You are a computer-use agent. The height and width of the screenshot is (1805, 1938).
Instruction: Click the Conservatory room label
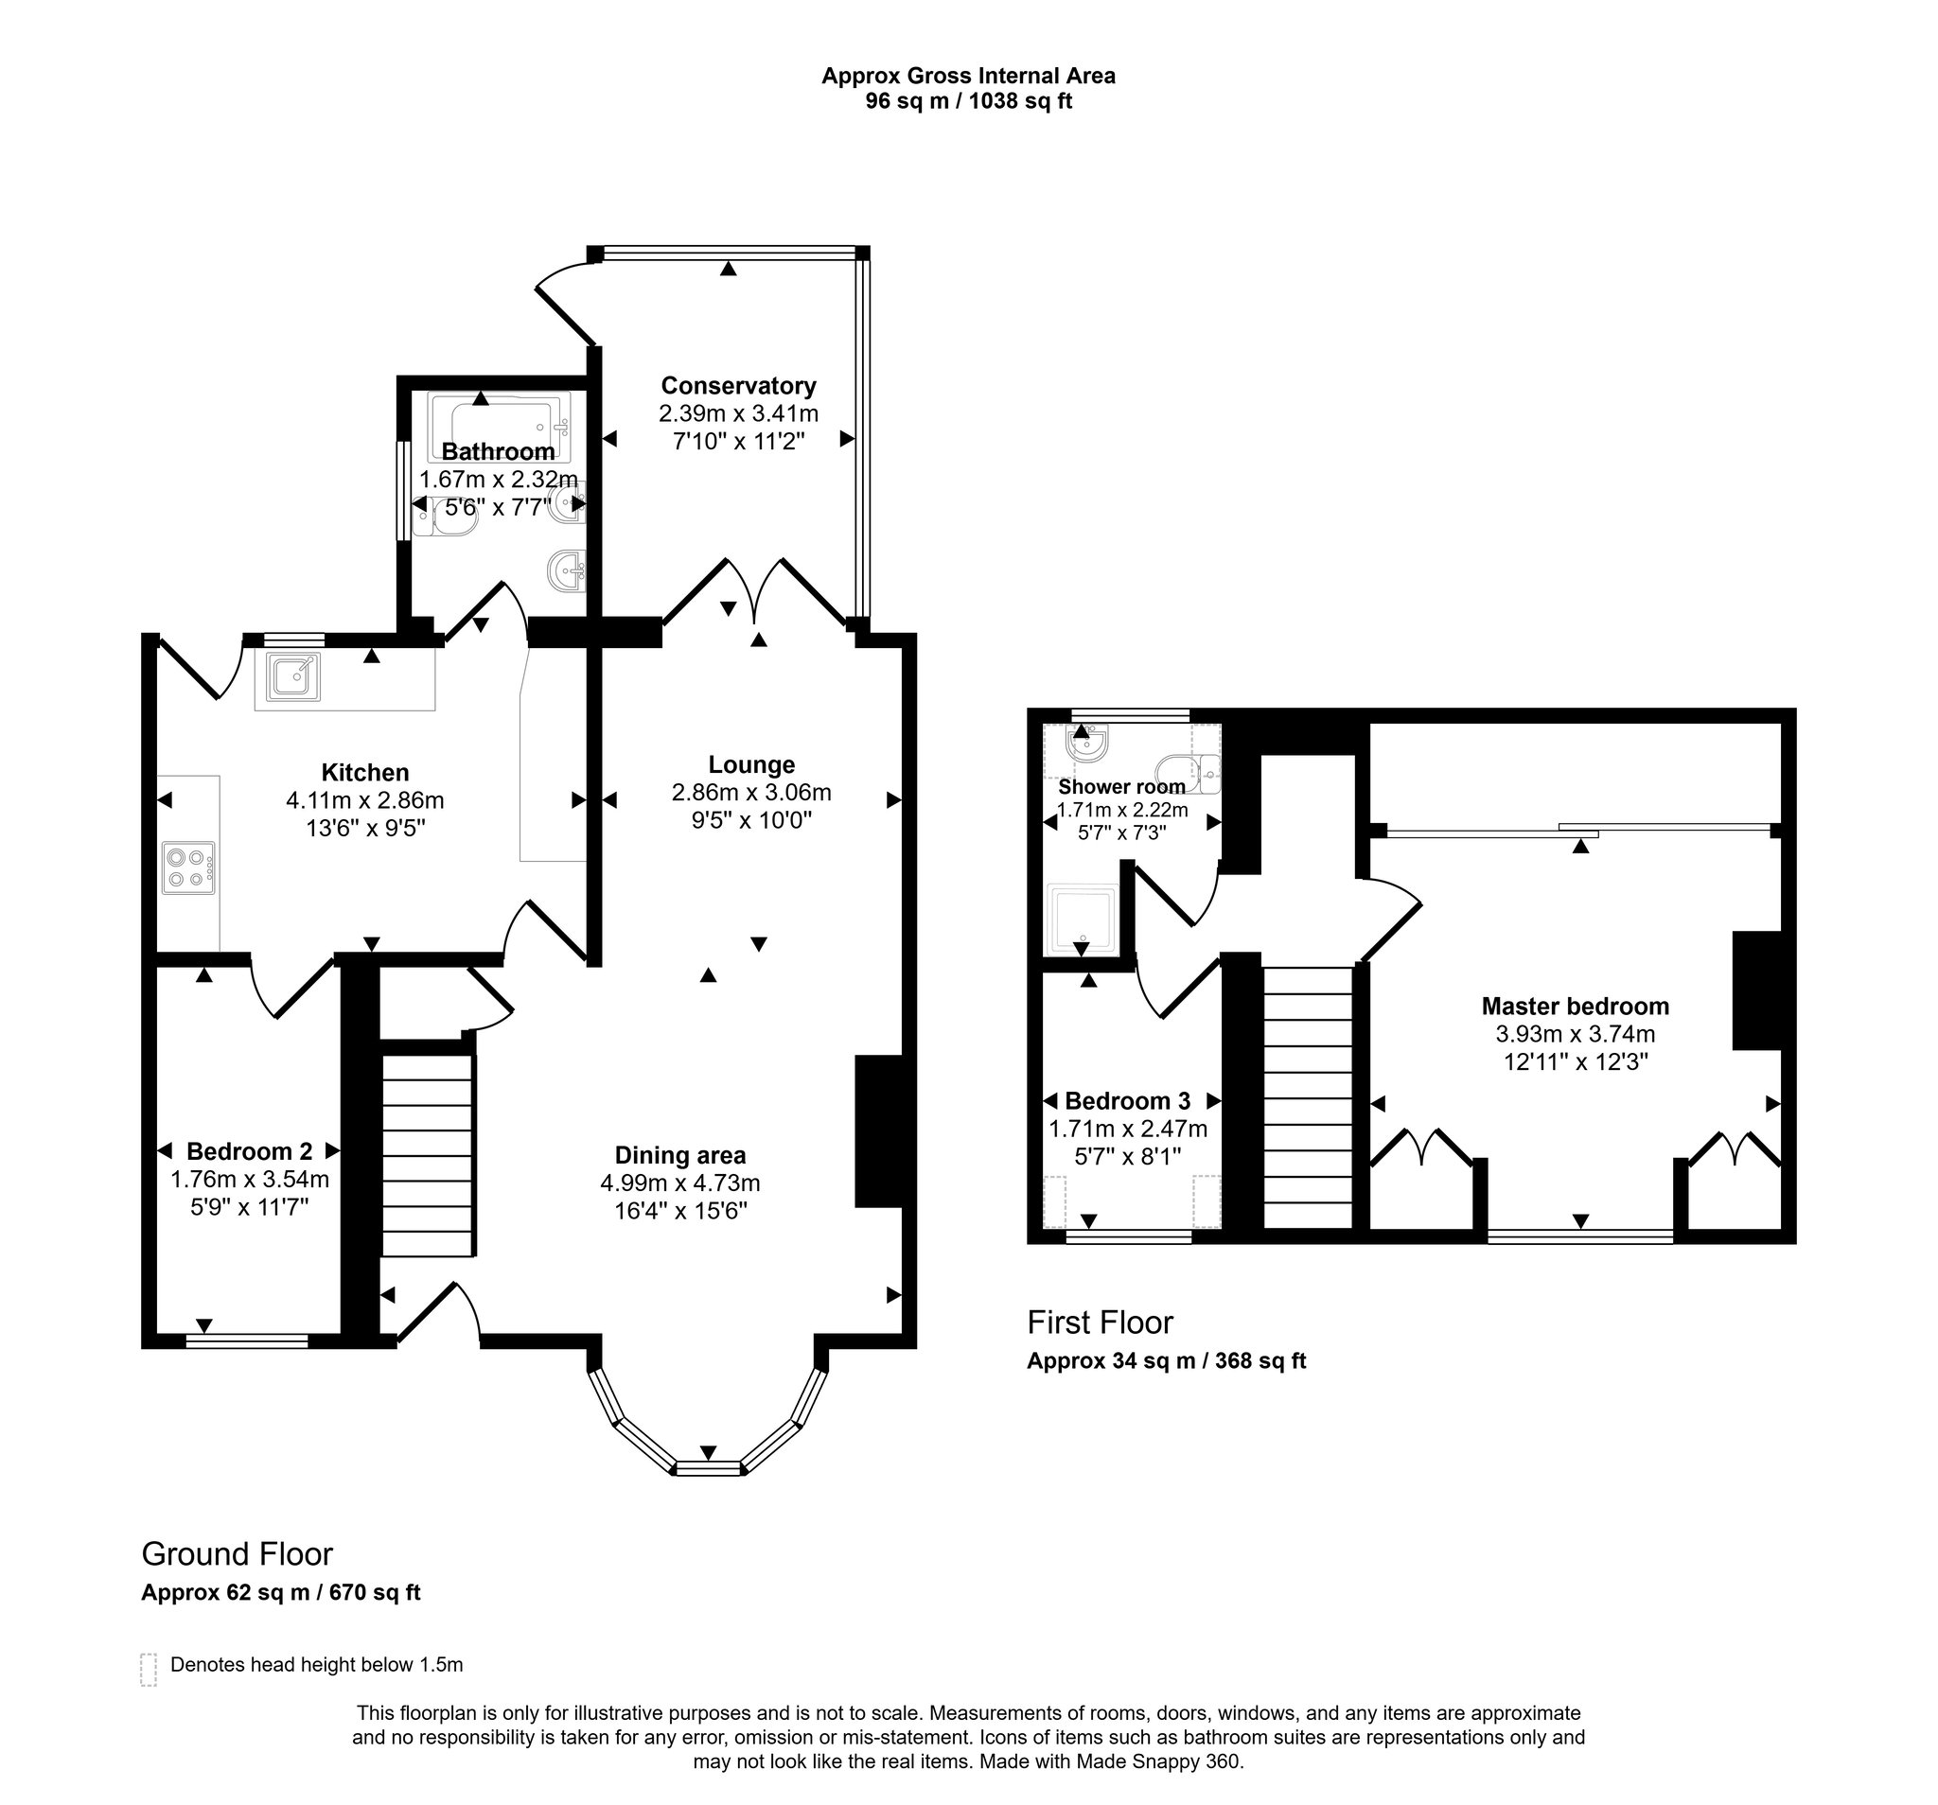tap(738, 385)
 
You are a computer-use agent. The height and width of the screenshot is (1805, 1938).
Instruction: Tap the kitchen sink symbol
tap(293, 675)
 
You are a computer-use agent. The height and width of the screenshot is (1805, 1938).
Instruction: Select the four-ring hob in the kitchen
tap(188, 867)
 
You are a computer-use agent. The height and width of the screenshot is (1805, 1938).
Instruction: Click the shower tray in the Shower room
tap(1080, 920)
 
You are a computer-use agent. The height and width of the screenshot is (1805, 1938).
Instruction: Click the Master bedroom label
tap(1575, 1006)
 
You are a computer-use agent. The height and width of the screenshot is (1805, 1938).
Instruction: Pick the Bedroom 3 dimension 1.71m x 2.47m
tap(1127, 1129)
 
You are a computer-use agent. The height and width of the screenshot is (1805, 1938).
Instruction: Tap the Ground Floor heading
tap(237, 1552)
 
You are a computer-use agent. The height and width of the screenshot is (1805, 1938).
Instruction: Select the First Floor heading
tap(1100, 1322)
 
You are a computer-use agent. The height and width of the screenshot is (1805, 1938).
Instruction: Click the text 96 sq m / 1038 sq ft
tap(968, 101)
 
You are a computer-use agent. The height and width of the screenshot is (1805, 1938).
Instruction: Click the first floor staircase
tap(1307, 1096)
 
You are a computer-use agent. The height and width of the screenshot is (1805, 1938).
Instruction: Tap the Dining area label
tap(679, 1155)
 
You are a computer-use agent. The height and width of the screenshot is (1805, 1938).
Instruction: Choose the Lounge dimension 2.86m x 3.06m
tap(750, 793)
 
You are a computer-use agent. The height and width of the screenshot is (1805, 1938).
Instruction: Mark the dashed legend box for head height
tap(149, 1669)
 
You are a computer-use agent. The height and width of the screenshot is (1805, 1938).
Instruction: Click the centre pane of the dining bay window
tap(708, 1468)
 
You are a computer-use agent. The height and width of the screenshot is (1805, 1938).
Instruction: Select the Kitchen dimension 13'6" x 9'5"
tap(364, 829)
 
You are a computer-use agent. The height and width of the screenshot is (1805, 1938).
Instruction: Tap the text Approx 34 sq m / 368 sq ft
tap(1166, 1360)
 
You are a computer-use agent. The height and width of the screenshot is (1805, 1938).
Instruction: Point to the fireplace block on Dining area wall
tap(878, 1130)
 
